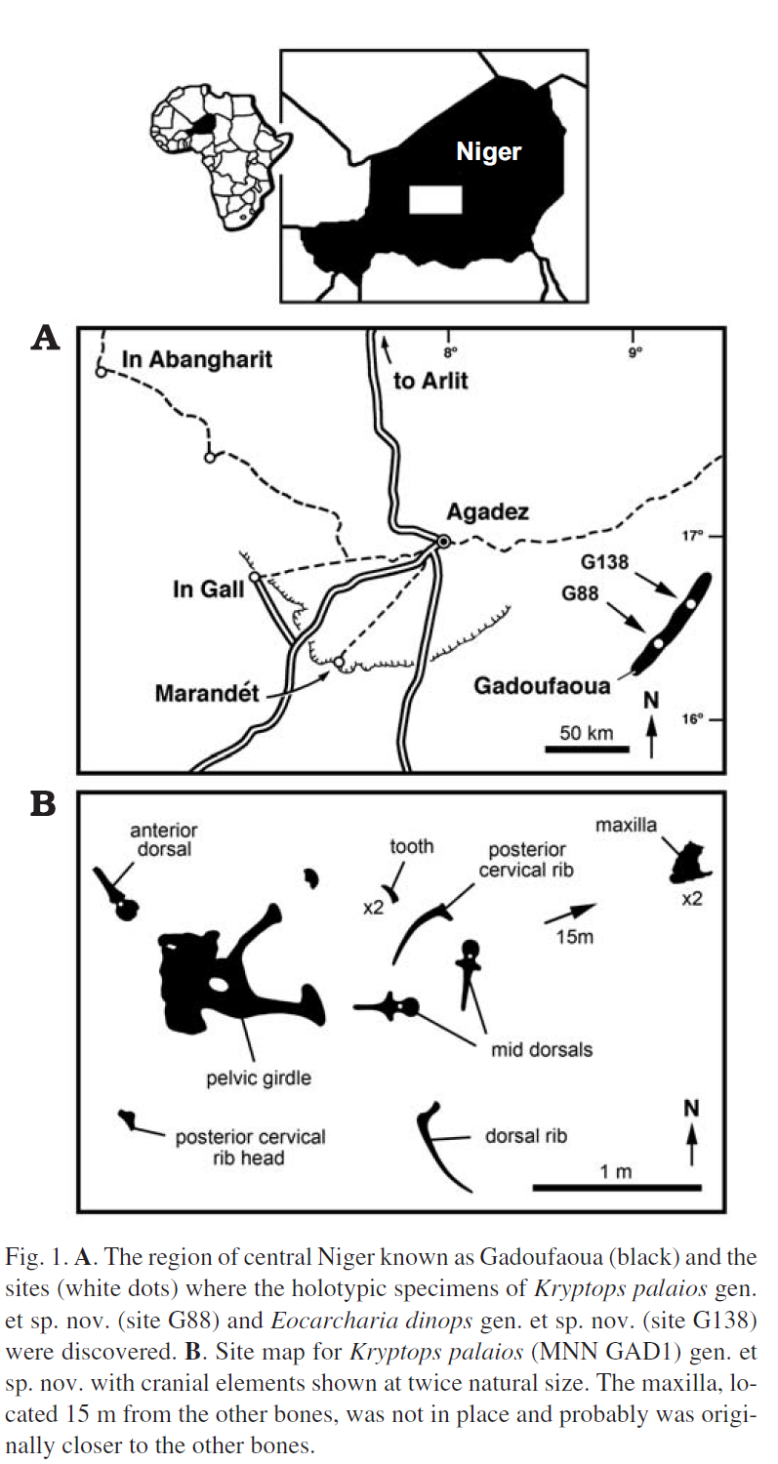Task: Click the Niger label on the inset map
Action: [489, 151]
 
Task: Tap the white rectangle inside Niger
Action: [433, 198]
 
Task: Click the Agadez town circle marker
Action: [443, 541]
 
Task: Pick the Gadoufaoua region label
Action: [543, 686]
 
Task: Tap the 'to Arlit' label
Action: [430, 381]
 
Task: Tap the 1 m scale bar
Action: [617, 1187]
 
